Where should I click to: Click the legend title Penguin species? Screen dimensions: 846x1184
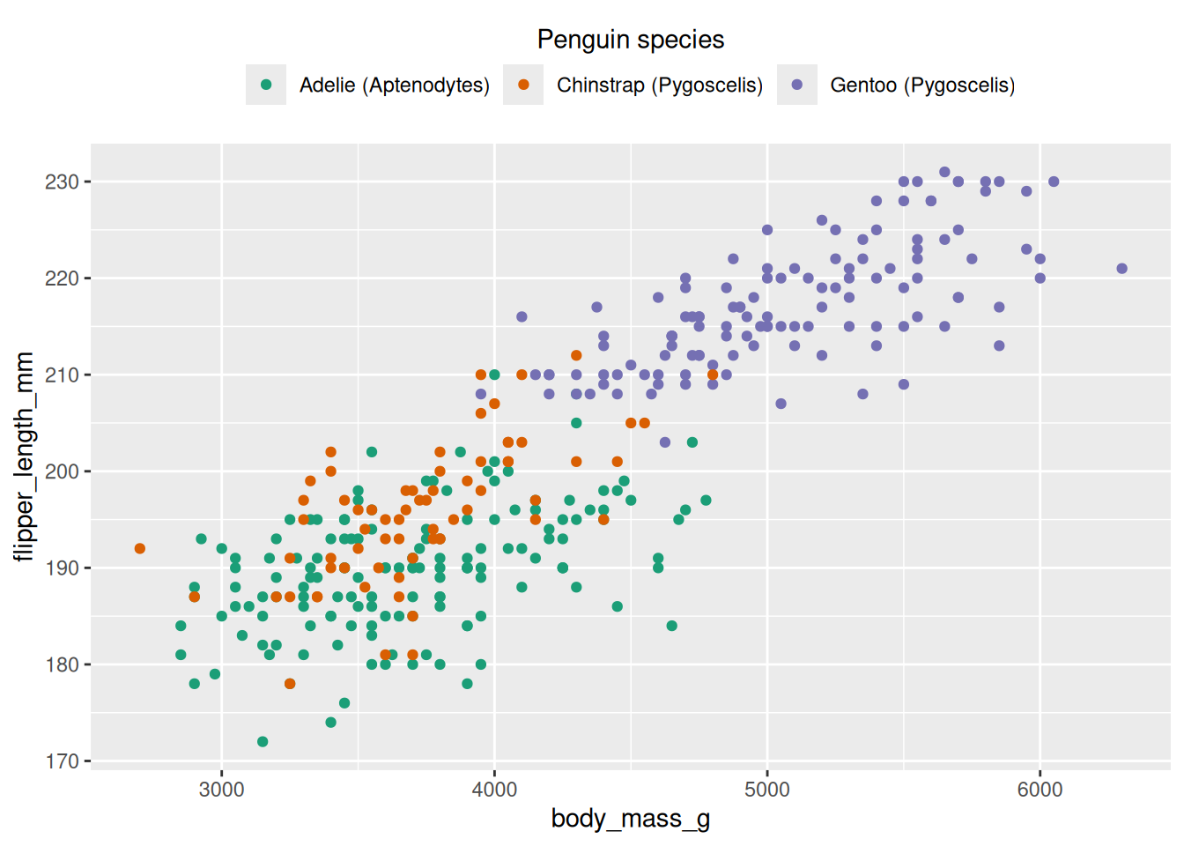pos(631,40)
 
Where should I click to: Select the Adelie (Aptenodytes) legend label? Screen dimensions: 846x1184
pos(394,85)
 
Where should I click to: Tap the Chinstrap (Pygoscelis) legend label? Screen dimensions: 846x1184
pos(659,85)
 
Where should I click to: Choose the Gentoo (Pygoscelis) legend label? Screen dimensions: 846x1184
pos(922,85)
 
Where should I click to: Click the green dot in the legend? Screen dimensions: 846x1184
pos(266,85)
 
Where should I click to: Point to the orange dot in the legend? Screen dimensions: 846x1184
pos(523,85)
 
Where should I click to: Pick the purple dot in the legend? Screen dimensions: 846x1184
pos(797,85)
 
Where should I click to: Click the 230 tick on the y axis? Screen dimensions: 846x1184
pos(62,182)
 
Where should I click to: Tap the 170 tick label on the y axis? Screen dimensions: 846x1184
pos(62,761)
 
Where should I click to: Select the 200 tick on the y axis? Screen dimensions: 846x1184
pos(62,471)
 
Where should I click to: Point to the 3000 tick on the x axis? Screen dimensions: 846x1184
pos(222,790)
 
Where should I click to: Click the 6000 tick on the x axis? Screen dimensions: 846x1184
pos(1040,790)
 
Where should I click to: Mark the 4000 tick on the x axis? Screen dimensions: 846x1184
pos(494,790)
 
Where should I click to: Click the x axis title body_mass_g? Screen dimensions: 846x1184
pos(631,819)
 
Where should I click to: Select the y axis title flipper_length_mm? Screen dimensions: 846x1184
pos(24,456)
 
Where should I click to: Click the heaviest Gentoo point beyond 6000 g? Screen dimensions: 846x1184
pos(1121,269)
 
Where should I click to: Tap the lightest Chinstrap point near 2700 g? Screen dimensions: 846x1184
pos(140,549)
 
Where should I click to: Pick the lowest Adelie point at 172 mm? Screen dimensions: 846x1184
pos(263,742)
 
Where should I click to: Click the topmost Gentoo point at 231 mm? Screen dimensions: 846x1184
pos(944,172)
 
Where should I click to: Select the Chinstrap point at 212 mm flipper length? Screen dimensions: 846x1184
pos(576,356)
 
